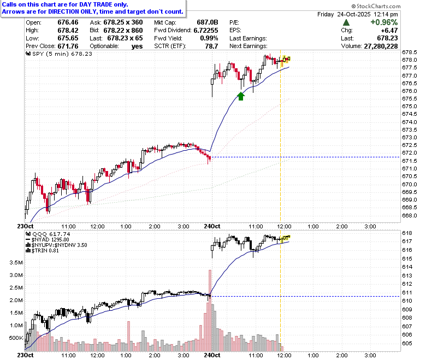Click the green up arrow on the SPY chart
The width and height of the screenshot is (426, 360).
241,96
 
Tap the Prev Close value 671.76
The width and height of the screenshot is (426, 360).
68,46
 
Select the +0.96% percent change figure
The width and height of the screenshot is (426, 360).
384,22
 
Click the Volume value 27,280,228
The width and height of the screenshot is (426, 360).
381,46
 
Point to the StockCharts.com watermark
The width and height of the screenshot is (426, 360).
376,6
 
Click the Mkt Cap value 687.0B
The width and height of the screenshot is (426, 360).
208,22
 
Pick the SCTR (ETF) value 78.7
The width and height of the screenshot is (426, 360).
212,46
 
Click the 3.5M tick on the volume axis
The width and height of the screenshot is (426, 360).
16,262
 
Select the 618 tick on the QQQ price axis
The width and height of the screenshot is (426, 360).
407,233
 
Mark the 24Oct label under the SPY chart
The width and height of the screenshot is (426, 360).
212,226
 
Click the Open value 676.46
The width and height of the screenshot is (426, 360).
68,22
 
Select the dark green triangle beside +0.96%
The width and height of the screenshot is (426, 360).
346,22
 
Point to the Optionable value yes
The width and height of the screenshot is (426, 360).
137,46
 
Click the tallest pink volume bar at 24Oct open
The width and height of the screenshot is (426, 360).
210,310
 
